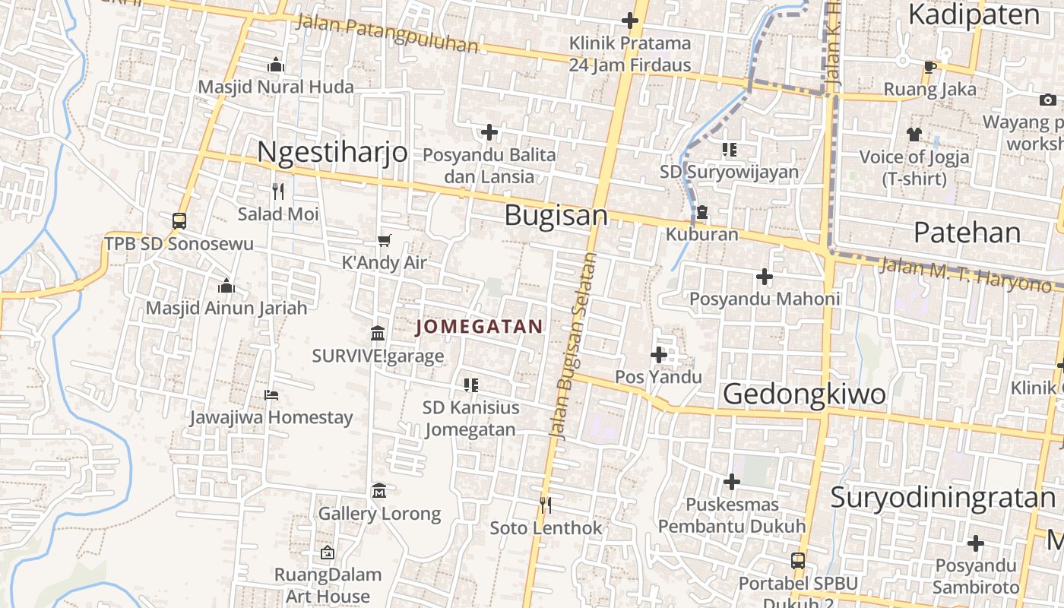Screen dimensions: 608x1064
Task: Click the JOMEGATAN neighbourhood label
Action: pyautogui.click(x=480, y=327)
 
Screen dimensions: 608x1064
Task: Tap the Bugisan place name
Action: pyautogui.click(x=556, y=216)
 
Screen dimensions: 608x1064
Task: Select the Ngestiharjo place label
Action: pyautogui.click(x=332, y=152)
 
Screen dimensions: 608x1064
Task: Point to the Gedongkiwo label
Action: pyautogui.click(x=804, y=394)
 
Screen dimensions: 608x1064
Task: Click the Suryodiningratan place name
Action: pyautogui.click(x=942, y=498)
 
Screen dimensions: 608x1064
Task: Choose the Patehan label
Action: pyautogui.click(x=967, y=232)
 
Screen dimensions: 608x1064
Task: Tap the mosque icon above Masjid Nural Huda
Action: pyautogui.click(x=276, y=65)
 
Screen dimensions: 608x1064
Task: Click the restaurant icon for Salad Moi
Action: pyautogui.click(x=278, y=191)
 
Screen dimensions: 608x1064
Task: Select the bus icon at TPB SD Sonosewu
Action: pyautogui.click(x=179, y=221)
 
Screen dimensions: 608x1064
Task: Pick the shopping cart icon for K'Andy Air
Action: pyautogui.click(x=384, y=240)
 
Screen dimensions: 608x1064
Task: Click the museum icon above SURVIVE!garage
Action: pyautogui.click(x=378, y=333)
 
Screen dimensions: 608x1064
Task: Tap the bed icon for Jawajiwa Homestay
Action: pyautogui.click(x=271, y=394)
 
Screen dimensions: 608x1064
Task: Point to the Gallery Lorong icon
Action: pyautogui.click(x=379, y=491)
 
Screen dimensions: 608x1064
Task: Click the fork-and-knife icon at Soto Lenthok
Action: pyautogui.click(x=545, y=505)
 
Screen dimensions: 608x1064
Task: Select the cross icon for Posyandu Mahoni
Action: pyautogui.click(x=765, y=277)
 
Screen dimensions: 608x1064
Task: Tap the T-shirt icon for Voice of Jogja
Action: pyautogui.click(x=914, y=135)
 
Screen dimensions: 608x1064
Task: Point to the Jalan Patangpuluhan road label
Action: pyautogui.click(x=387, y=34)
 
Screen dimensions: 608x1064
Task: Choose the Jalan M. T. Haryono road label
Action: pyautogui.click(x=965, y=275)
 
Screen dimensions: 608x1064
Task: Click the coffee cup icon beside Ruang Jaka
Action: pyautogui.click(x=929, y=67)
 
